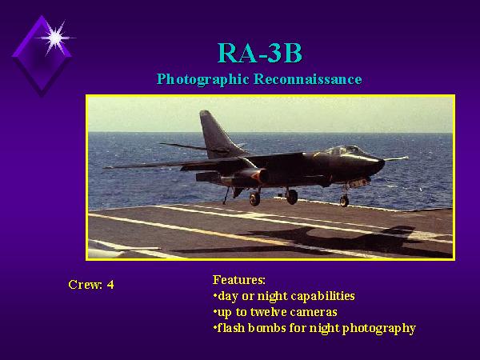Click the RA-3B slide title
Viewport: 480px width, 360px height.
pyautogui.click(x=259, y=53)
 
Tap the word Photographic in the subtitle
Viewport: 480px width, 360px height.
pyautogui.click(x=202, y=79)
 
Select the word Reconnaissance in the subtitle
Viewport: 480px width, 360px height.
pyautogui.click(x=308, y=79)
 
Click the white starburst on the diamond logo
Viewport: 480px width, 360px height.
pyautogui.click(x=55, y=38)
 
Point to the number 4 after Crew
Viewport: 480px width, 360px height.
pyautogui.click(x=110, y=285)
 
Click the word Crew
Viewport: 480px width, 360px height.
pyautogui.click(x=86, y=285)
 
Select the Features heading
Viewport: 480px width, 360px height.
pyautogui.click(x=238, y=279)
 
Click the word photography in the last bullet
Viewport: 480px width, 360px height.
pyautogui.click(x=378, y=329)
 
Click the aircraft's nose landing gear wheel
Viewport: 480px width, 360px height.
pyautogui.click(x=344, y=201)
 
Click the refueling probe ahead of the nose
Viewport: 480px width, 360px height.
pyautogui.click(x=396, y=158)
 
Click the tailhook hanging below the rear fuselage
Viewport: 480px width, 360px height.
pyautogui.click(x=226, y=195)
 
